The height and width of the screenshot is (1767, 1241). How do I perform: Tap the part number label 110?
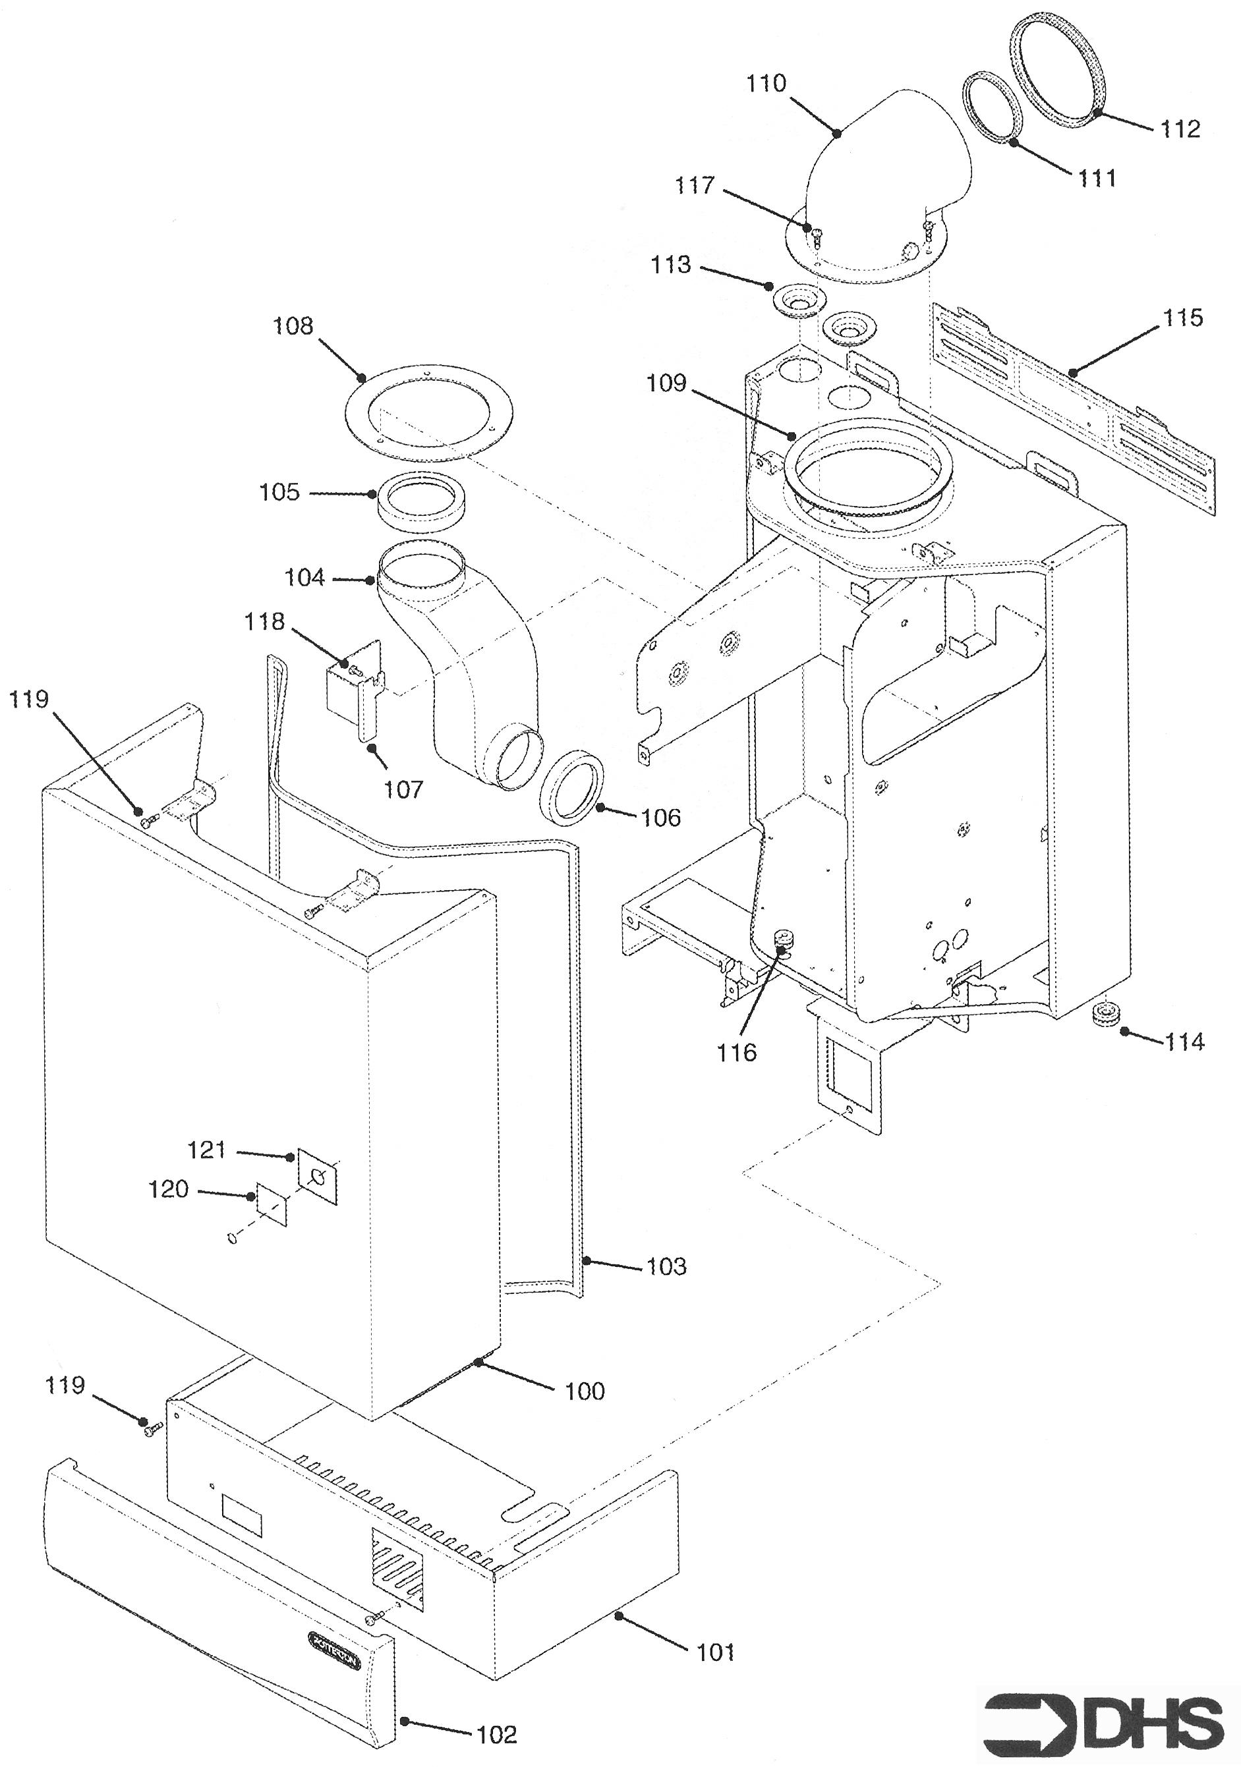pos(766,83)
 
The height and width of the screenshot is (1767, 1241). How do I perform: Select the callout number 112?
pos(1180,128)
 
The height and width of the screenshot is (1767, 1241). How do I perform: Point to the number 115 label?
pos(1182,317)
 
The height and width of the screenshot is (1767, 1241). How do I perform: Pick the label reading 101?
pos(715,1652)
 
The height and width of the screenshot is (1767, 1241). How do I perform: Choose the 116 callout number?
pos(737,1052)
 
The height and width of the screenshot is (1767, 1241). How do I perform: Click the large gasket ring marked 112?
pos(1057,69)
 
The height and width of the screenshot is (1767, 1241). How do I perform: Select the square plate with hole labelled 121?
pos(317,1175)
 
